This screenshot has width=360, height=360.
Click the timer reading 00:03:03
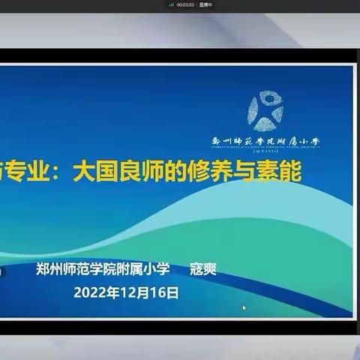pos(182,4)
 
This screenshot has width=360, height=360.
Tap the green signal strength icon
pos(170,4)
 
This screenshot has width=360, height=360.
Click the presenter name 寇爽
pos(202,268)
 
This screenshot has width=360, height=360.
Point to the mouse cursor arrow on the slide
pos(244,307)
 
